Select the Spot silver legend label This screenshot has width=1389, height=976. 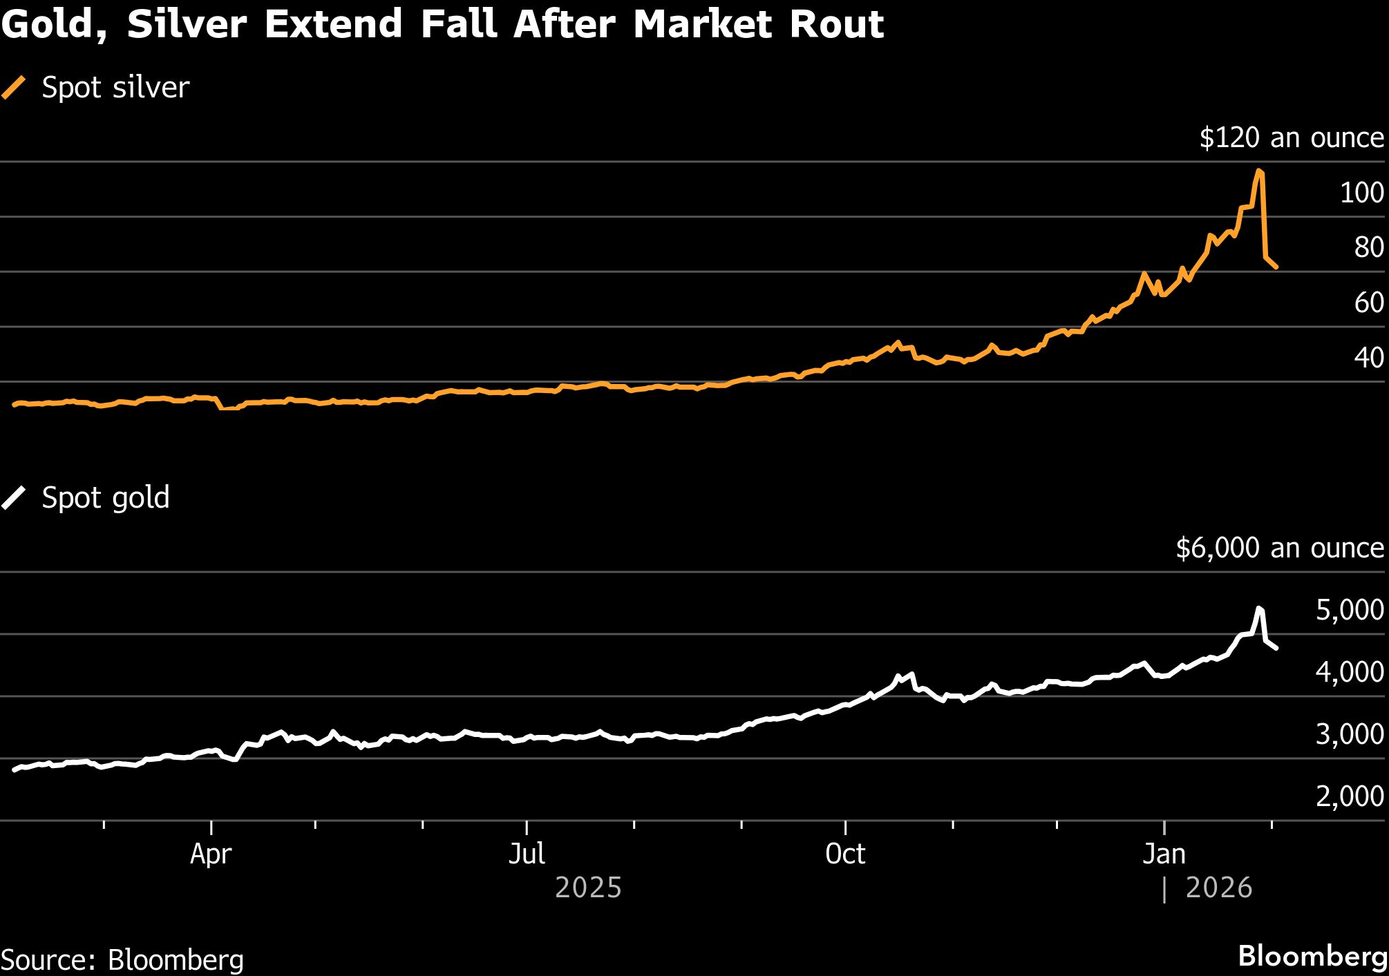coord(115,88)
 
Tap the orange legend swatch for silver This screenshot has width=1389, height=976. coord(14,88)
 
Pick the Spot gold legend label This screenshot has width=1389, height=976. coord(106,498)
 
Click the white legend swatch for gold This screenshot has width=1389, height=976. coord(14,498)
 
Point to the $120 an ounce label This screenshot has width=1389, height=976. coord(1291,137)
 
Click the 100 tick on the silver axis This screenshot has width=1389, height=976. coord(1361,193)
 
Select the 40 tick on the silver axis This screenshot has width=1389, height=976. coord(1368,358)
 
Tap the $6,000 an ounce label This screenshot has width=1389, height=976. coord(1279,548)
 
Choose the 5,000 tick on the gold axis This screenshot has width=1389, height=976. coord(1349,611)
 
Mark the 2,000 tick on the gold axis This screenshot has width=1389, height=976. coord(1349,796)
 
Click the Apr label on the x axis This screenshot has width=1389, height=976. coord(211,854)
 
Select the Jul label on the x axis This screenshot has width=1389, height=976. coord(527,854)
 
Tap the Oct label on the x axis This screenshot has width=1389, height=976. coord(845,854)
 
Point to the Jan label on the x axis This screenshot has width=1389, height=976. coord(1164,854)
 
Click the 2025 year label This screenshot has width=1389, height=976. coord(588,888)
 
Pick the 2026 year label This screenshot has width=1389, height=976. coord(1218,888)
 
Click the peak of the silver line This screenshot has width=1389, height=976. coord(1259,170)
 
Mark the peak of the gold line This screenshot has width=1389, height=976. coord(1259,608)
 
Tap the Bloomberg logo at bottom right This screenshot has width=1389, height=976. coord(1312,957)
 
